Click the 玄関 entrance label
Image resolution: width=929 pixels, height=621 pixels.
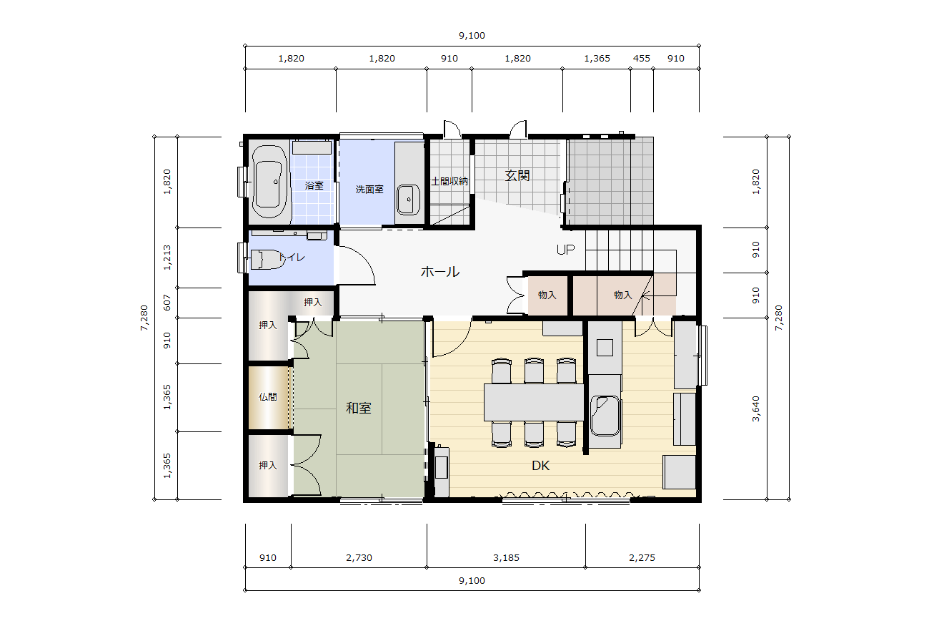(517, 175)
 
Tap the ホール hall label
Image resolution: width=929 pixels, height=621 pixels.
(440, 272)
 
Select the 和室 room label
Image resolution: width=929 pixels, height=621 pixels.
(358, 408)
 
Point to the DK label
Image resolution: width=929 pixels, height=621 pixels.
(540, 466)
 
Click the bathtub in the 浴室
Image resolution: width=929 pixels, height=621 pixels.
(269, 181)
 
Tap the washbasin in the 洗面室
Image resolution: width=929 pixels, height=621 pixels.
(408, 200)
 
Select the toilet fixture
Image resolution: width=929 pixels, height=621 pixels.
(267, 260)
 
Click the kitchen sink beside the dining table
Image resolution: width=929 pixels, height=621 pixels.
(605, 416)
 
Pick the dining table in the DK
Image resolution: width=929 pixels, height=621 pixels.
(534, 402)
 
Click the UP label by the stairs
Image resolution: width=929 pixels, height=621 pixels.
(565, 250)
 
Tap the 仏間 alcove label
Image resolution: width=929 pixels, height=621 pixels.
(267, 397)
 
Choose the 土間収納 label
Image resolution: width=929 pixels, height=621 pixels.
(449, 182)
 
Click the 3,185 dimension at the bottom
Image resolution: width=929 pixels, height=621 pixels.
(506, 557)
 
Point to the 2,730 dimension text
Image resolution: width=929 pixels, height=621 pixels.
(359, 557)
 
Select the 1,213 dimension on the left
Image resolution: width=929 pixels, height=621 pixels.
(167, 258)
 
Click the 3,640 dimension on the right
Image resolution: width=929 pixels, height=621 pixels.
(755, 409)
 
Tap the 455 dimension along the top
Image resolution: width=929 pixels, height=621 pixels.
(641, 58)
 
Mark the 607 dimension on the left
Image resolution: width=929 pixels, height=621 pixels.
(167, 303)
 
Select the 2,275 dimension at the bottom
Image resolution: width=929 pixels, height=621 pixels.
(642, 557)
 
